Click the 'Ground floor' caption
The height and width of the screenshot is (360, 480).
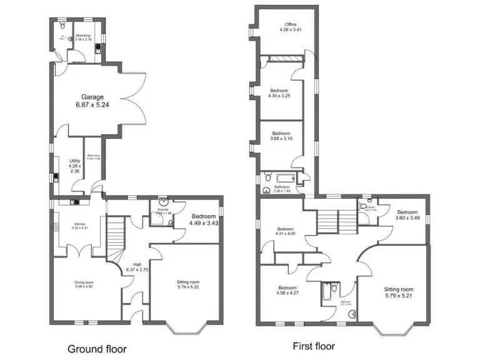(97, 349)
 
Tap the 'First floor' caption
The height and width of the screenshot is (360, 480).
(314, 346)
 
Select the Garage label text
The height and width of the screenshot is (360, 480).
(92, 101)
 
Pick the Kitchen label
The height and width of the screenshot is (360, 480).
(80, 225)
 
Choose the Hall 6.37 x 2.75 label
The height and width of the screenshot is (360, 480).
(137, 267)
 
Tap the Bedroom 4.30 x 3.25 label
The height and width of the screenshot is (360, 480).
(279, 94)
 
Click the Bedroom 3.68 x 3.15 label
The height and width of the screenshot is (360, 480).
(281, 136)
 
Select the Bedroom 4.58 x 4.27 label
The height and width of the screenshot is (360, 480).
(287, 290)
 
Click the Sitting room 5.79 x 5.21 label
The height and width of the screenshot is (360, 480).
(399, 293)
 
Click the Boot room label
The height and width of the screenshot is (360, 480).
(94, 157)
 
